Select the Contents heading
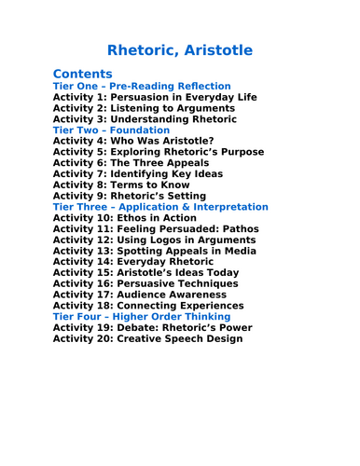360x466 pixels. point(82,74)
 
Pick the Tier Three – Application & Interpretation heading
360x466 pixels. point(160,207)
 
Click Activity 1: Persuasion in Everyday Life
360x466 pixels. point(154,97)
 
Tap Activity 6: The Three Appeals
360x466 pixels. point(132,163)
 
